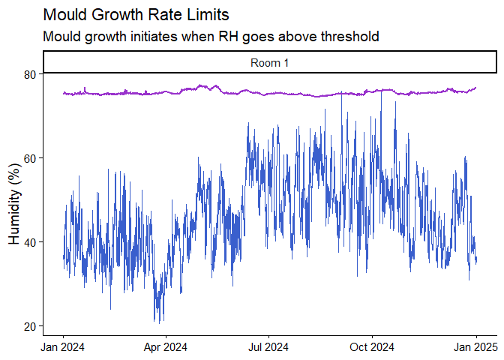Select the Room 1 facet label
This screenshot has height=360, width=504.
[269, 63]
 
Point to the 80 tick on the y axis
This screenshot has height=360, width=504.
[31, 74]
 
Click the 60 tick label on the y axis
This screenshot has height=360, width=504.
[31, 158]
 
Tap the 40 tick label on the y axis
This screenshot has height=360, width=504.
[31, 242]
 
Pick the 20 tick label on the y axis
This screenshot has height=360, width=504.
[31, 326]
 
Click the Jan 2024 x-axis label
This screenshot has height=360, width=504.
[63, 346]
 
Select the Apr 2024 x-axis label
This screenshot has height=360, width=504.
[165, 346]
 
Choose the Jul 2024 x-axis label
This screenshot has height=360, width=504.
[268, 346]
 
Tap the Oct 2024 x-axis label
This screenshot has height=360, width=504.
[371, 346]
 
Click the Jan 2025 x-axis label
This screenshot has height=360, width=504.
[474, 346]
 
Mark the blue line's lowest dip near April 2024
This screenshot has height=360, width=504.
[156, 322]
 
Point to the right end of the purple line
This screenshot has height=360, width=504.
[476, 88]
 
